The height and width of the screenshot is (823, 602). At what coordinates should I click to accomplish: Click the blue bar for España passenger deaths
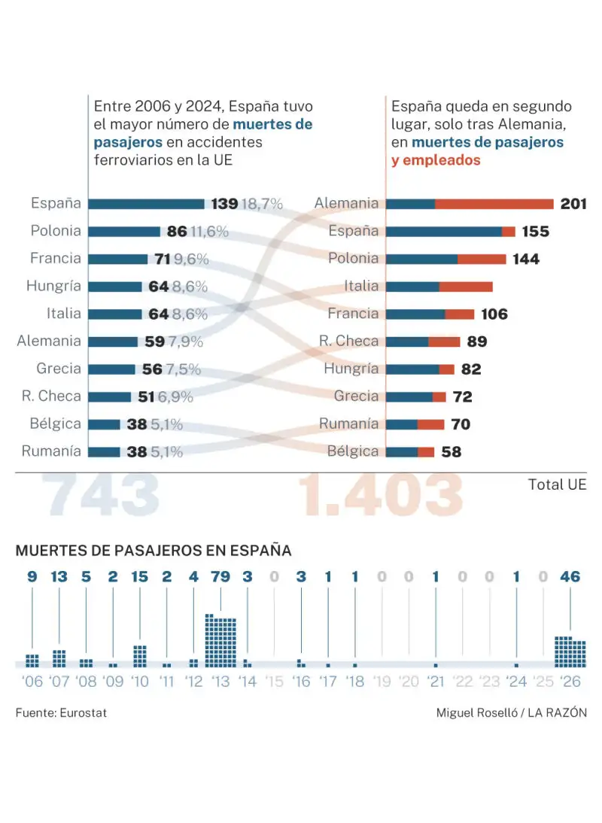pos(146,204)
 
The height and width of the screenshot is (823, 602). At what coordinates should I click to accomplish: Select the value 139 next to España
pos(224,204)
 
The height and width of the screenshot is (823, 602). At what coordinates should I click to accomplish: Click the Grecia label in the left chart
pos(59,369)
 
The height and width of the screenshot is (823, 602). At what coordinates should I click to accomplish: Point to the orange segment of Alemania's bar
pos(494,204)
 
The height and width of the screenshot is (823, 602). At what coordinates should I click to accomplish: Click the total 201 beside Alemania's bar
pos(573,204)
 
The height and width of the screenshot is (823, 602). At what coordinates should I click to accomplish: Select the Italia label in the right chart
pos(361,286)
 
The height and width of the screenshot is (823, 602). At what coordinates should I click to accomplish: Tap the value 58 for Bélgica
pos(451,452)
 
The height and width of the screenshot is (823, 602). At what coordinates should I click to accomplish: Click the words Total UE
pos(557,484)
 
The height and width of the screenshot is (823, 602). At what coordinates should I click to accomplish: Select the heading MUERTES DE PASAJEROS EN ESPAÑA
pos(153,551)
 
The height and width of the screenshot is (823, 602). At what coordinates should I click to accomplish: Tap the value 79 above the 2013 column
pos(220,577)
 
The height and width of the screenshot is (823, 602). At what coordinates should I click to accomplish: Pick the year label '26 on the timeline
pos(570,682)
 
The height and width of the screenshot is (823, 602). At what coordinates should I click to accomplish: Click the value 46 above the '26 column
pos(570,577)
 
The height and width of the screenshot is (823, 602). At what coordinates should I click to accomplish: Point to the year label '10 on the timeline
pos(140,682)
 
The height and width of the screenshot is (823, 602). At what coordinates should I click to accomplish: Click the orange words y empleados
pos(436,160)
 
